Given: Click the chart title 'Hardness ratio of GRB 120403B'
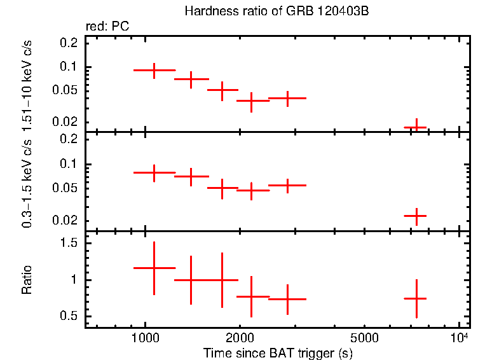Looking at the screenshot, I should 277,11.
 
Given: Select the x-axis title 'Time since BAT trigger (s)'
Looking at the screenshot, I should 278,352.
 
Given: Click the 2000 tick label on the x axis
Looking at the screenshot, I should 239,338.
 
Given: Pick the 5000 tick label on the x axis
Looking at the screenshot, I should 364,338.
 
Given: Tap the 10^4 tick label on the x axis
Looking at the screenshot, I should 459,336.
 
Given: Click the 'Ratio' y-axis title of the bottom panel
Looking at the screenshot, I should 27,280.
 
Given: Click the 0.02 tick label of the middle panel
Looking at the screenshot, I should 66,221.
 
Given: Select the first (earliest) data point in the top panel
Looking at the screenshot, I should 154,70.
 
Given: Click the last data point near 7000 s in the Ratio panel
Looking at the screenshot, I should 416,298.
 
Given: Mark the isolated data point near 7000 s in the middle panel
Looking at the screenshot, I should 416,216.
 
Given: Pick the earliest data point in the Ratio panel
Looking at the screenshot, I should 154,268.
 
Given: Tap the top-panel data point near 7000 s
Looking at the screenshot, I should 416,127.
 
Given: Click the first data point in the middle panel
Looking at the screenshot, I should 154,172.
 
